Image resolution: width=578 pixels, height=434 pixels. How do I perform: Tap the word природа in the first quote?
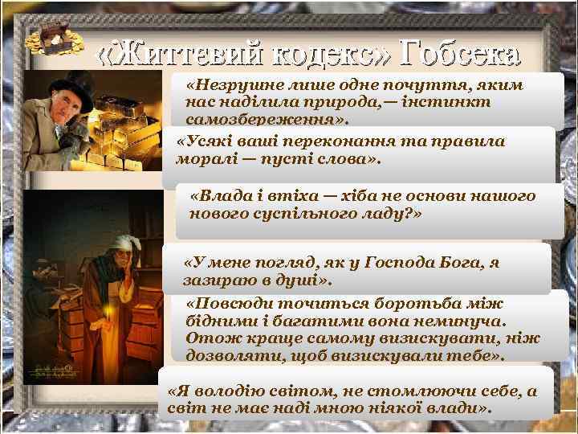[x=333, y=102]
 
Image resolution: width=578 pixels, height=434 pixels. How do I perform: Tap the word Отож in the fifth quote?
[x=204, y=338]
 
